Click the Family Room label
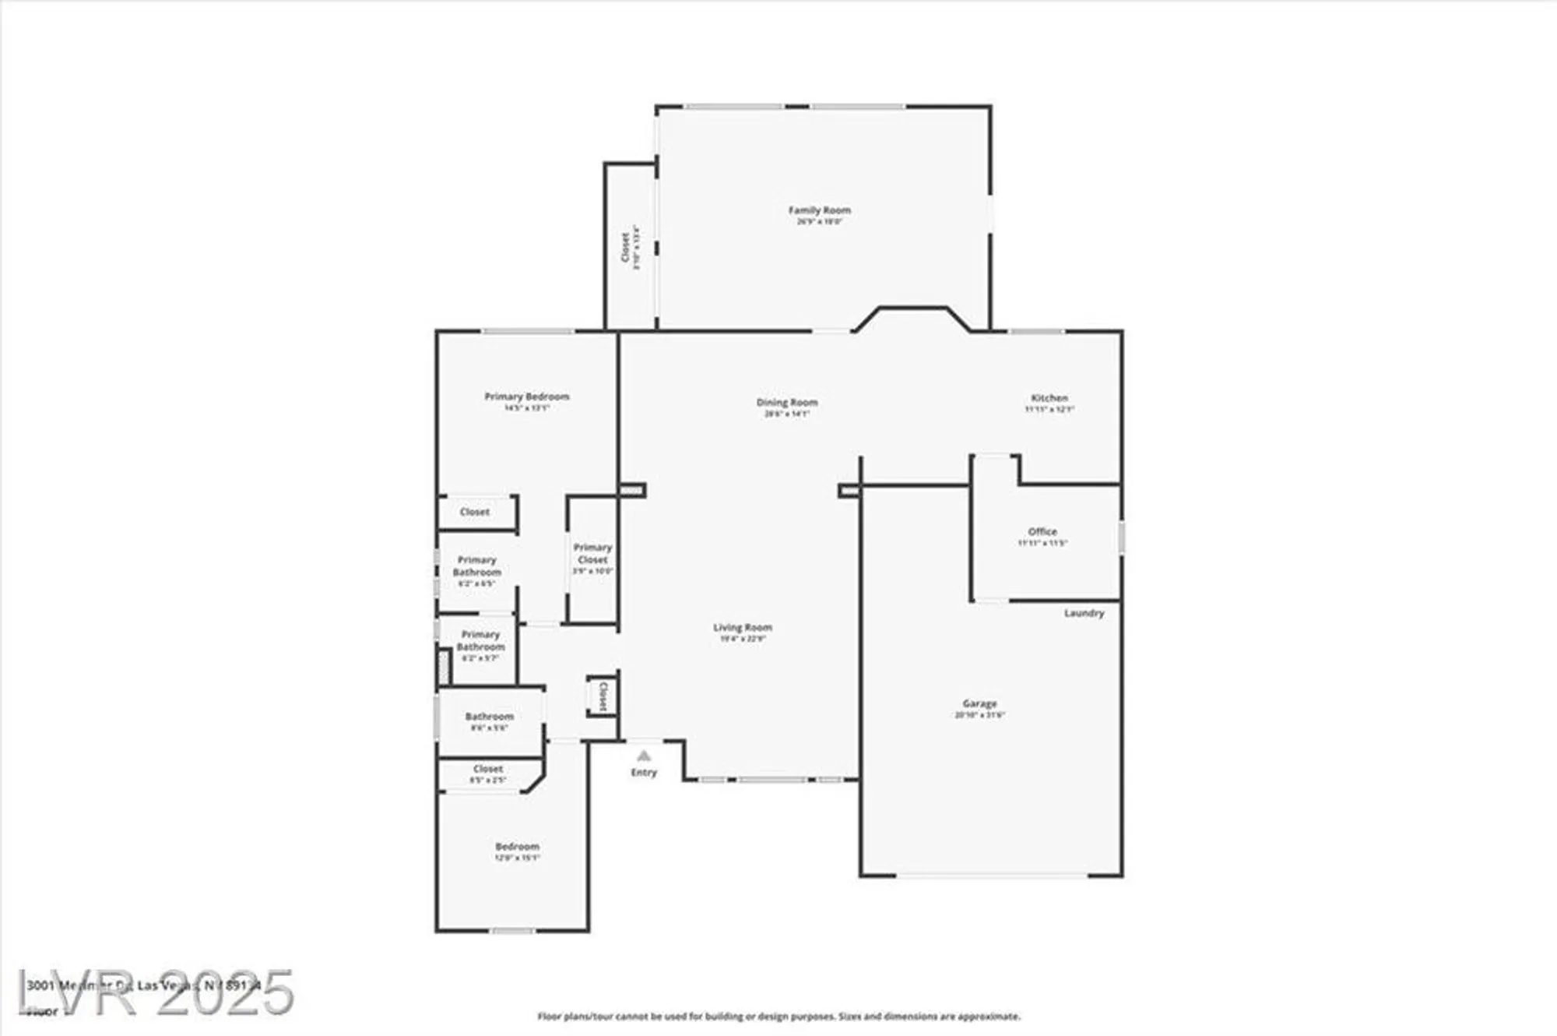pyautogui.click(x=819, y=210)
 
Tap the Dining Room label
pyautogui.click(x=787, y=403)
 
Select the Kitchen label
pyautogui.click(x=1049, y=398)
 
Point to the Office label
pyautogui.click(x=1042, y=532)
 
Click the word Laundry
pyautogui.click(x=1084, y=614)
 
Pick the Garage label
pyautogui.click(x=979, y=703)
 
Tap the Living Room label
pyautogui.click(x=743, y=628)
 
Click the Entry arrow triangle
pyautogui.click(x=643, y=756)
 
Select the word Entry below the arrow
pyautogui.click(x=643, y=773)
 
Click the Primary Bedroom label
pyautogui.click(x=527, y=396)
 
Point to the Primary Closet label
pyautogui.click(x=592, y=554)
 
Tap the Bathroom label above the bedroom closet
pyautogui.click(x=489, y=717)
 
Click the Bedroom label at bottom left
pyautogui.click(x=517, y=847)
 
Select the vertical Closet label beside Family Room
pyautogui.click(x=625, y=247)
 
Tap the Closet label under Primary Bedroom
pyautogui.click(x=475, y=513)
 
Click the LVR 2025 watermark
pyautogui.click(x=156, y=993)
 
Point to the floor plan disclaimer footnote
pyautogui.click(x=778, y=1017)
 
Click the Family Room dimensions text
pyautogui.click(x=819, y=221)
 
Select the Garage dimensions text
pyautogui.click(x=979, y=715)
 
